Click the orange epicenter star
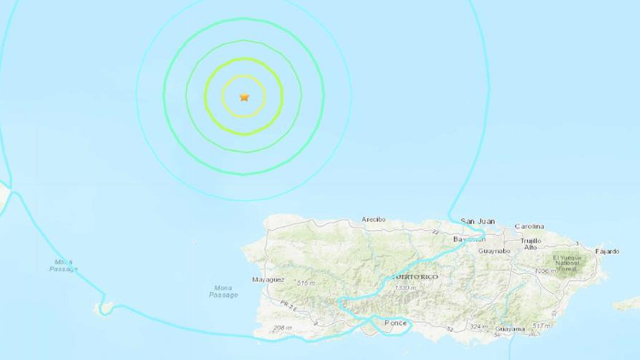pos(244,97)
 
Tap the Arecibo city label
pos(373,220)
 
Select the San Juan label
pos(477,221)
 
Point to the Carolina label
pos(529,226)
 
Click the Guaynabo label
pos(494,251)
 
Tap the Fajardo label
pos(607,251)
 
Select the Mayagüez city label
pos(268,280)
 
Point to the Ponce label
pos(395,323)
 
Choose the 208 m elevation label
pos(281,328)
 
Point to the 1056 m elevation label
pos(544,272)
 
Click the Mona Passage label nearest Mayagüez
pos(223,292)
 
